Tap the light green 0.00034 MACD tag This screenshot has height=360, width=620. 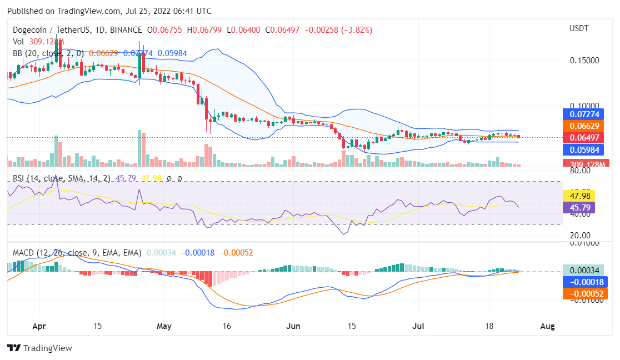(x=586, y=270)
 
